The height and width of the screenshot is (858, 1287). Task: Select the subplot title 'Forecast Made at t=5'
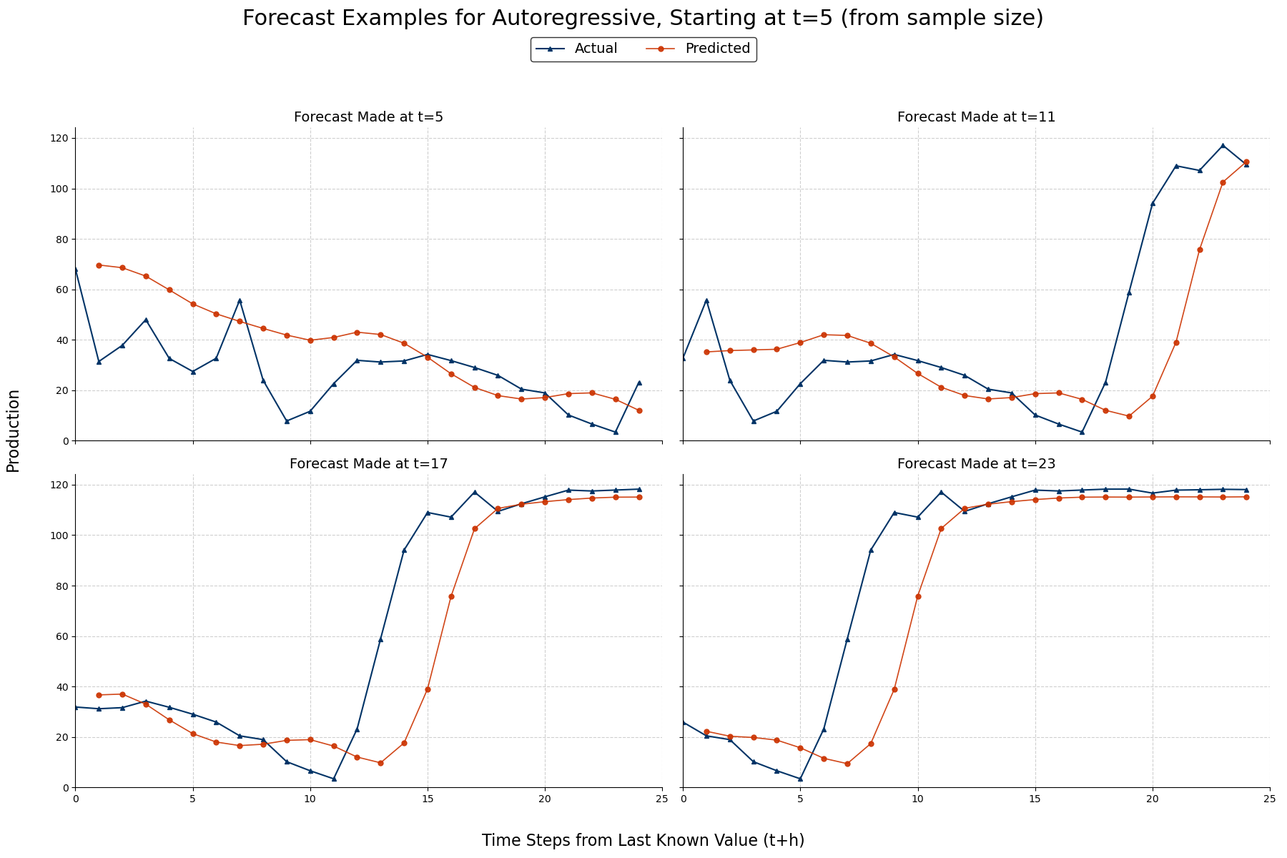(368, 117)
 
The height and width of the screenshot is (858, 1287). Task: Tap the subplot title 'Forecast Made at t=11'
(976, 117)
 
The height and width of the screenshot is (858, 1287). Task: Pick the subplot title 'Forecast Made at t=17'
(368, 464)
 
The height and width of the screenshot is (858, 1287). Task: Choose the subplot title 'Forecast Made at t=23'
(976, 464)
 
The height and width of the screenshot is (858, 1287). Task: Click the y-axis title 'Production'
(14, 430)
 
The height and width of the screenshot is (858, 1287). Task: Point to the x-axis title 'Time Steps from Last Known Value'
(643, 841)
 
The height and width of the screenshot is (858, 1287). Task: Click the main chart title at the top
(643, 19)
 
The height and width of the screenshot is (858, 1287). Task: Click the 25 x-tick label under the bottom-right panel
(1270, 799)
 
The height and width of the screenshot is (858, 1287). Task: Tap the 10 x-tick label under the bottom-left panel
(310, 799)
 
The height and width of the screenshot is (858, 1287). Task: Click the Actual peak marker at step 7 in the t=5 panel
(240, 300)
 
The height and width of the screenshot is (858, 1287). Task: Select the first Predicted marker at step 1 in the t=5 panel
(99, 265)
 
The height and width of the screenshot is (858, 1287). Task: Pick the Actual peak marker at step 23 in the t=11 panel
(1223, 145)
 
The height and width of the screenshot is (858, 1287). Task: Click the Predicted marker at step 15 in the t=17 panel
(428, 689)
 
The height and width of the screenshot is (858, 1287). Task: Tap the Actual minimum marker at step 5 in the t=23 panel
(800, 779)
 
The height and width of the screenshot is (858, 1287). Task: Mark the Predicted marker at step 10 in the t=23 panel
(918, 596)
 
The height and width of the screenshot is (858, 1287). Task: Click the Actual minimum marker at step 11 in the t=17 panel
(334, 779)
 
